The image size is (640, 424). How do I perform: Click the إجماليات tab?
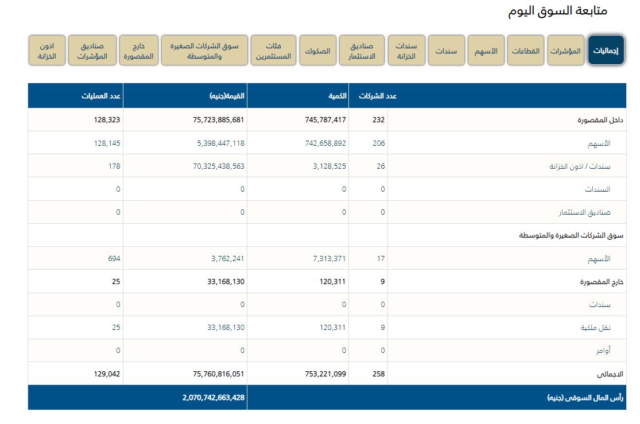(606, 50)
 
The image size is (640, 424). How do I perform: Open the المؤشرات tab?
(565, 50)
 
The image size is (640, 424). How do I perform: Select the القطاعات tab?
(526, 50)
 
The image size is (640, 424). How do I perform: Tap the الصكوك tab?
(317, 50)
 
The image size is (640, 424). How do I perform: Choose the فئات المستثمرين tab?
(273, 50)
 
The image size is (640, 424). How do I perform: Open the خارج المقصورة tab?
(139, 50)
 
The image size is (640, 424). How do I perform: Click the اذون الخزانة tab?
(47, 50)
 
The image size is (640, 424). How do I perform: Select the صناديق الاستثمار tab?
(362, 50)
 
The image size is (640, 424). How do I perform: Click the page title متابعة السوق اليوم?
(557, 11)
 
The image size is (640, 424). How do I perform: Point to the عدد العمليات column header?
(101, 96)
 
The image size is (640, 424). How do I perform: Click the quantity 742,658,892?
(325, 143)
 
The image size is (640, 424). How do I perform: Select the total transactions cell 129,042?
(107, 374)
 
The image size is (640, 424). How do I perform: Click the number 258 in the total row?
(378, 374)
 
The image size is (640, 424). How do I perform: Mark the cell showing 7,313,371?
(329, 259)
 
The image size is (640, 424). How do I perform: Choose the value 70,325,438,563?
(211, 166)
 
